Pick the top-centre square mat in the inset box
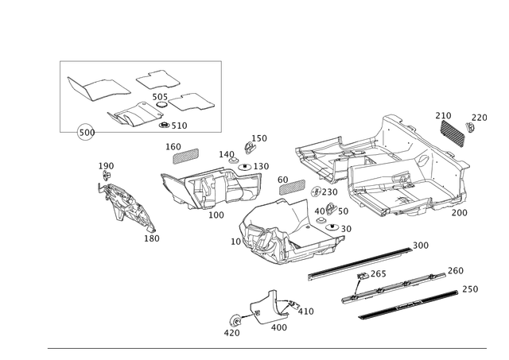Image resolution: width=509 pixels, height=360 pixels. (x=154, y=79)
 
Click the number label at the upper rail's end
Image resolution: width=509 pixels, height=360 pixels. (x=422, y=244)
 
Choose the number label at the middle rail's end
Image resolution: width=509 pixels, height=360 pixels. (x=457, y=269)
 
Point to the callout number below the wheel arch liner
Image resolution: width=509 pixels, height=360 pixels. (x=150, y=236)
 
